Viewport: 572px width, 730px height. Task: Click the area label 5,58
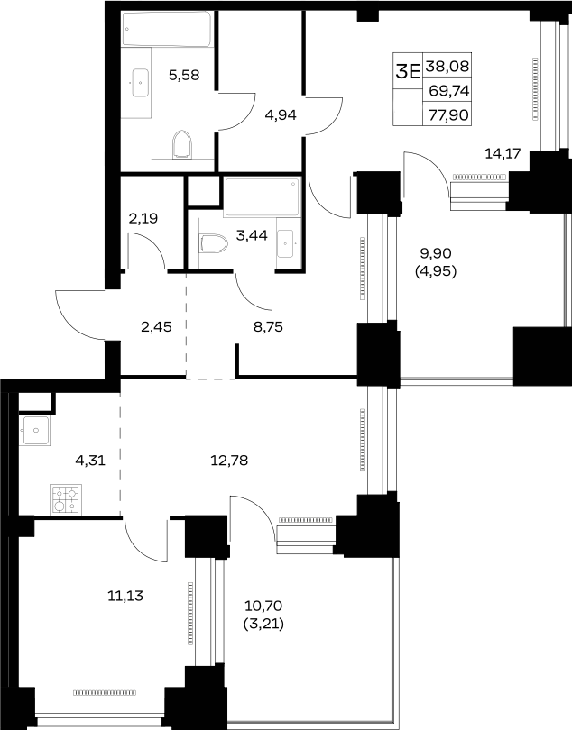pyautogui.click(x=184, y=75)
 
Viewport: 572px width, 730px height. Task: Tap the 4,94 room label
pyautogui.click(x=281, y=114)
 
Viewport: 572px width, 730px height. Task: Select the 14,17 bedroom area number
pyautogui.click(x=503, y=153)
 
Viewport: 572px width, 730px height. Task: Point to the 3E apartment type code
pyautogui.click(x=408, y=71)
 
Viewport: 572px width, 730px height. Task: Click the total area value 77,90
pyautogui.click(x=448, y=114)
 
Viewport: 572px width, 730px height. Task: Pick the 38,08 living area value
pyautogui.click(x=447, y=67)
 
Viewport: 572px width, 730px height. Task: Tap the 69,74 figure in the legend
pyautogui.click(x=449, y=90)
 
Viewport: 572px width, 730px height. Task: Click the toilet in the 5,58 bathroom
pyautogui.click(x=182, y=145)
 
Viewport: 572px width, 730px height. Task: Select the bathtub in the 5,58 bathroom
pyautogui.click(x=166, y=29)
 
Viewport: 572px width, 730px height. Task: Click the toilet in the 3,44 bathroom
pyautogui.click(x=214, y=243)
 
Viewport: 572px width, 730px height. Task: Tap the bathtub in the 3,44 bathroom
pyautogui.click(x=262, y=197)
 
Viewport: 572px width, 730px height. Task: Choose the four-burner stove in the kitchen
pyautogui.click(x=66, y=499)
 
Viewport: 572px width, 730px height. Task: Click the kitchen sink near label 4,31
pyautogui.click(x=37, y=430)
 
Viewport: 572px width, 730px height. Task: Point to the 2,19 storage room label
pyautogui.click(x=143, y=218)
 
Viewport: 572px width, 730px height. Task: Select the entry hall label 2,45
pyautogui.click(x=156, y=327)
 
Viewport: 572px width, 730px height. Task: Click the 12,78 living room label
pyautogui.click(x=229, y=461)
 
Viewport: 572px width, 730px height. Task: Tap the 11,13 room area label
pyautogui.click(x=125, y=595)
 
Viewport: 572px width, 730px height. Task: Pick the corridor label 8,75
pyautogui.click(x=268, y=327)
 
